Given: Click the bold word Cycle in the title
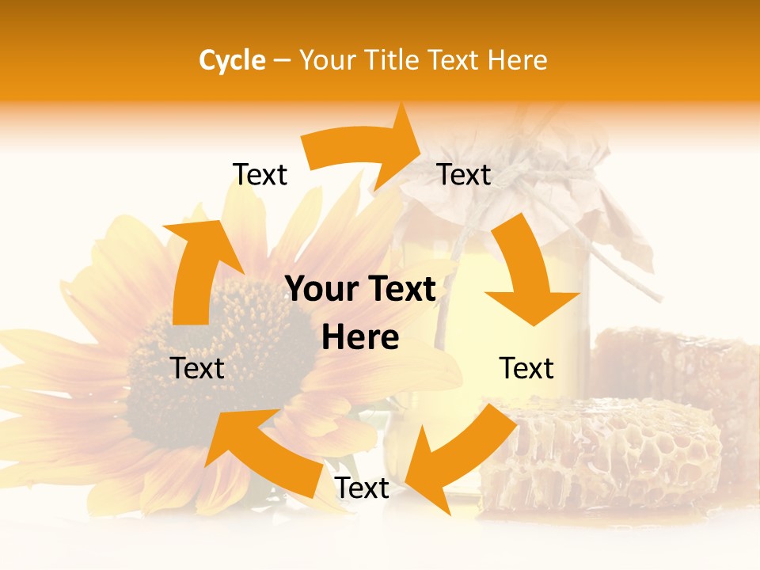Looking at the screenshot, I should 232,60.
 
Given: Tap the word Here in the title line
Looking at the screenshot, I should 518,60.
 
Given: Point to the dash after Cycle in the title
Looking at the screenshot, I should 282,61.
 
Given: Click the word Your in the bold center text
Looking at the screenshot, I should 321,290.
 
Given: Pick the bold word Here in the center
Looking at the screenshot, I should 360,337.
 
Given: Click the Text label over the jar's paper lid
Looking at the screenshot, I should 464,174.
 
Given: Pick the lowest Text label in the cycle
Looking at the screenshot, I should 362,488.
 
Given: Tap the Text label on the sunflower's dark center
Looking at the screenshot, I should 197,368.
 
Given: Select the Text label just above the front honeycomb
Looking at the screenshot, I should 526,368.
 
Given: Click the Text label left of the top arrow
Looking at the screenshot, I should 260,174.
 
